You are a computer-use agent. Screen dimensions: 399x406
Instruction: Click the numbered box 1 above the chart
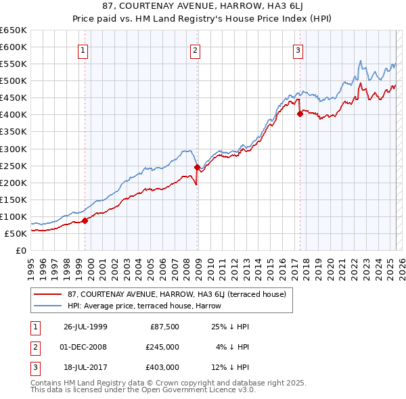(83, 49)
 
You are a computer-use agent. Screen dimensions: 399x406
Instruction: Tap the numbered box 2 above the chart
(195, 49)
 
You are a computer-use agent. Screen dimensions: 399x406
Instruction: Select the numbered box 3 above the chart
(298, 49)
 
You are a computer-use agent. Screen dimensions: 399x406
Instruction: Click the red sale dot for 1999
(85, 220)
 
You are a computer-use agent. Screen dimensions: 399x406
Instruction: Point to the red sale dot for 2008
(198, 167)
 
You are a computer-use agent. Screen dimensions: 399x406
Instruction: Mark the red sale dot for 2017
(300, 114)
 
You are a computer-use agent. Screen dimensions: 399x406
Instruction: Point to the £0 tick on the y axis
(22, 250)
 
